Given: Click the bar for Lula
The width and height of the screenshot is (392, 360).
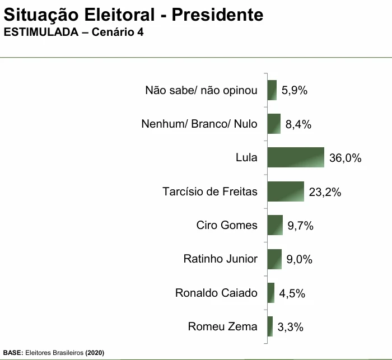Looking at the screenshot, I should [296, 157].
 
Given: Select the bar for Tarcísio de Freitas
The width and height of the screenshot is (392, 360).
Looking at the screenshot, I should [286, 191].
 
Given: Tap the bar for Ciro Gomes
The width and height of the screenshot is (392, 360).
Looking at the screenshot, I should [275, 225].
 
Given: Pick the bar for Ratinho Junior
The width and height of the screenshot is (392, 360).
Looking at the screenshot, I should [274, 259].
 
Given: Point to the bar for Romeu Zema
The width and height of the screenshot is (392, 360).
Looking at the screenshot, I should [270, 326].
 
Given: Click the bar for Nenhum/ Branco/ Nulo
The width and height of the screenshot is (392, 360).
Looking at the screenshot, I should [274, 124].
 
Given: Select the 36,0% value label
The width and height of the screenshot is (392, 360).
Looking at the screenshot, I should [345, 158].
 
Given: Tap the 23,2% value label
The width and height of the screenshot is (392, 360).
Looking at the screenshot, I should [324, 193].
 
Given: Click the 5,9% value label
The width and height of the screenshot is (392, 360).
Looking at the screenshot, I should [295, 91].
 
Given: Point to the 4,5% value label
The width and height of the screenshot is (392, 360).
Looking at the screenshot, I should [292, 294].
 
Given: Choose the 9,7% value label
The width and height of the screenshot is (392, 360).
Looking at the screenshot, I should [300, 226].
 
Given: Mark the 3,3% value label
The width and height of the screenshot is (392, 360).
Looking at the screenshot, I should [290, 328].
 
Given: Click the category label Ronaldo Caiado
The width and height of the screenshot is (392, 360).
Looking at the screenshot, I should [216, 293].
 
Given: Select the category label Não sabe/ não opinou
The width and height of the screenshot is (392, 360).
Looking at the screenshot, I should [201, 90].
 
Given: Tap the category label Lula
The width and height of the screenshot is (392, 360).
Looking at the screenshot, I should [246, 158].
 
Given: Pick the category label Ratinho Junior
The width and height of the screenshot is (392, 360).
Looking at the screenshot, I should [220, 259].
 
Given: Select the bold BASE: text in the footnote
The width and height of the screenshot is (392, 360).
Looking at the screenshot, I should [13, 353].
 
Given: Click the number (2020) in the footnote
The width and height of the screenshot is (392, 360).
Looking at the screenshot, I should [94, 353].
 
